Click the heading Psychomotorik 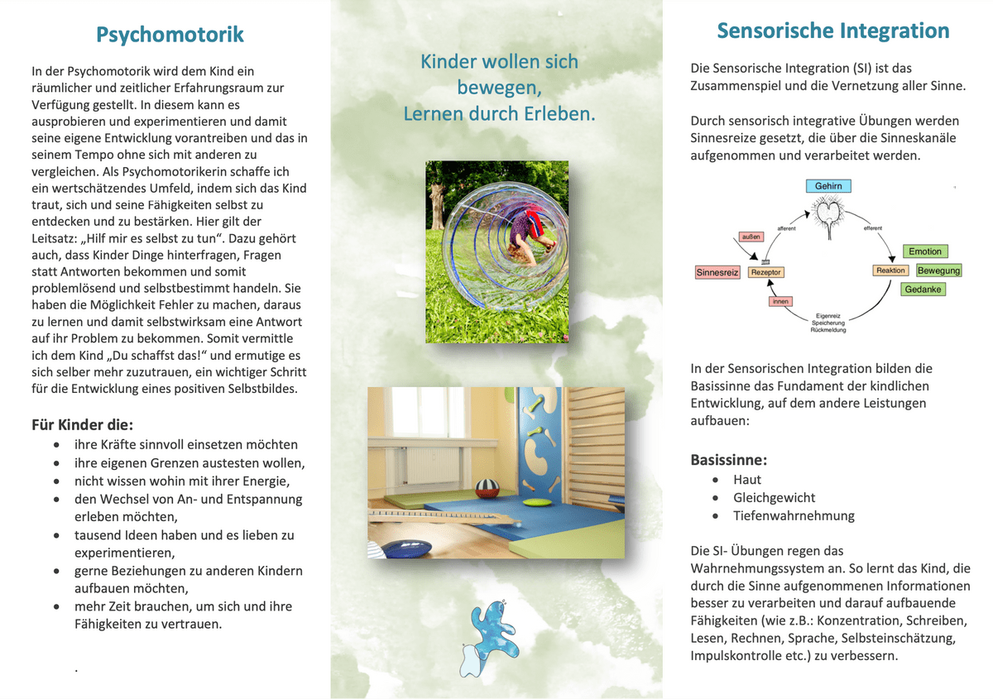click(170, 35)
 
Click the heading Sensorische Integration click(832, 31)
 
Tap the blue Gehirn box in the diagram click(828, 186)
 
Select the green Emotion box click(924, 251)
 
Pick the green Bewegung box click(938, 271)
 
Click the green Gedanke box click(923, 290)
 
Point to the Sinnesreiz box click(717, 272)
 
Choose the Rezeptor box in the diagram click(766, 272)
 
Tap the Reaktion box click(891, 271)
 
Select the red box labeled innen click(780, 302)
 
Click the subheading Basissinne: click(728, 459)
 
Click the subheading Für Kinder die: click(82, 425)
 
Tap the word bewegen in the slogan click(499, 88)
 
